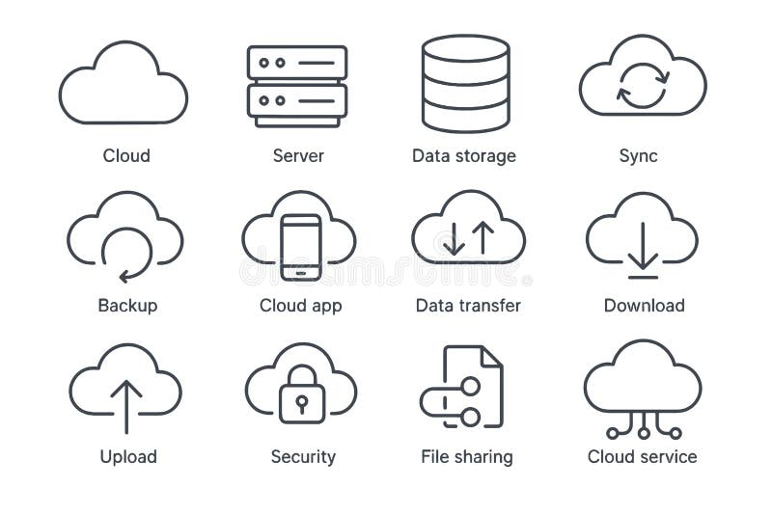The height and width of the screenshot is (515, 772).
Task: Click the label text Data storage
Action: (x=463, y=155)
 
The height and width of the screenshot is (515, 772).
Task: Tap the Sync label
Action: (x=638, y=155)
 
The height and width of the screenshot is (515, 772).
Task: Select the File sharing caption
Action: (x=467, y=456)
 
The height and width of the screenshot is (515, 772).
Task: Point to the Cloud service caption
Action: (x=642, y=456)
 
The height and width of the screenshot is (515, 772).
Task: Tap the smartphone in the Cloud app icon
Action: (x=301, y=247)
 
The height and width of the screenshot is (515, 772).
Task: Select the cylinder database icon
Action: (x=465, y=84)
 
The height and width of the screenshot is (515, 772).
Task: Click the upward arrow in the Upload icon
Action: (x=125, y=405)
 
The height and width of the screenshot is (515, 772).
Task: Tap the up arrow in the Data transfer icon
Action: (x=482, y=238)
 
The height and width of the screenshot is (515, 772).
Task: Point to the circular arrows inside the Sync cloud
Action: (x=638, y=86)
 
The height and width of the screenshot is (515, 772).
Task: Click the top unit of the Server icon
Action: (x=296, y=63)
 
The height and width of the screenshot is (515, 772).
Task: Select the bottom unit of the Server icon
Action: (x=296, y=99)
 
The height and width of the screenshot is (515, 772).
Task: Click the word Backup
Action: (x=127, y=306)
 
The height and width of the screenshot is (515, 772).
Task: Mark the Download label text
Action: (x=644, y=306)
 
